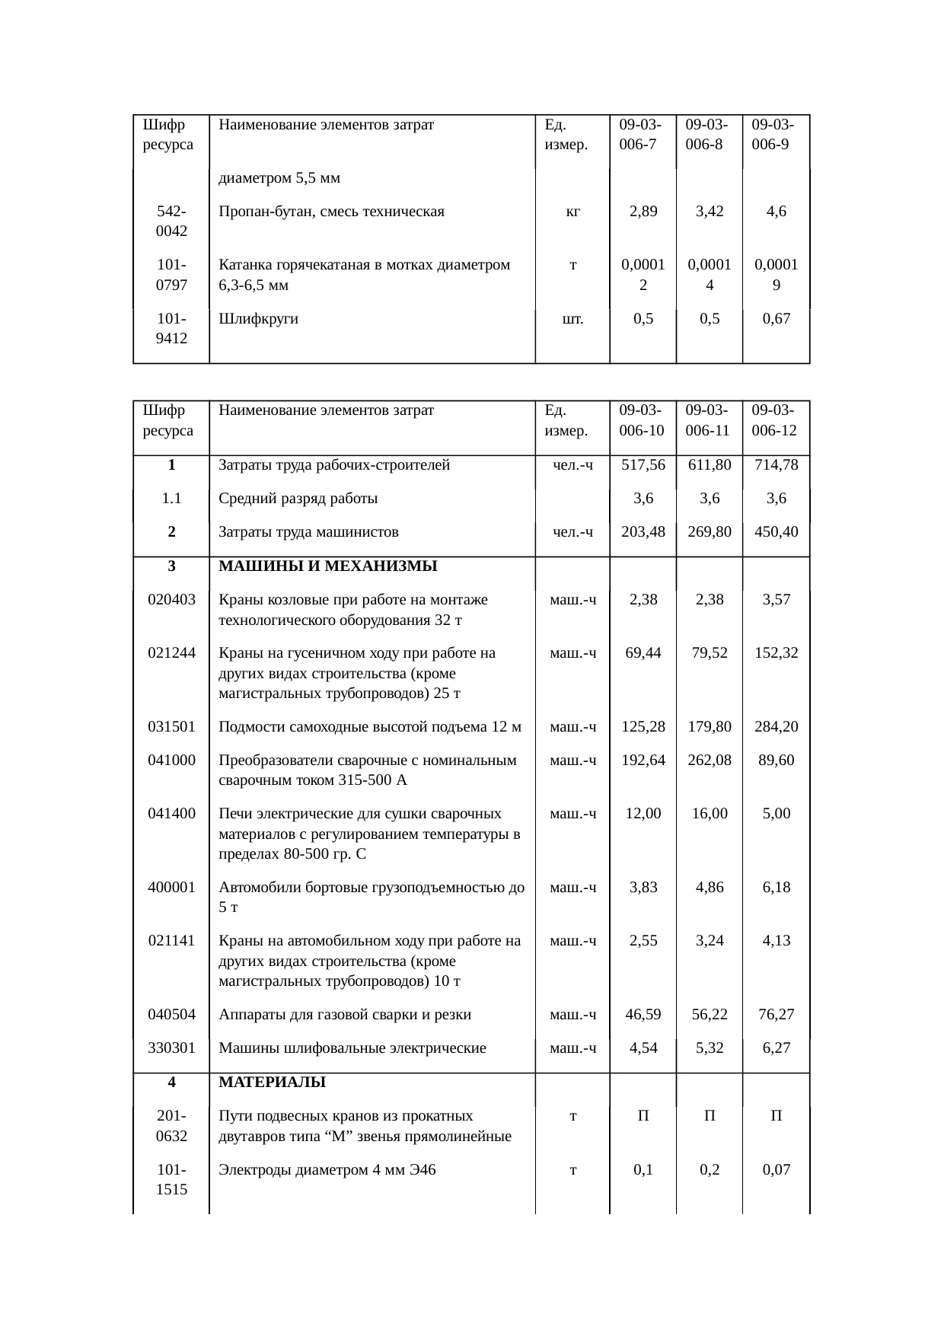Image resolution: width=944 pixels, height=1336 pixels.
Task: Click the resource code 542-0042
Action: (172, 221)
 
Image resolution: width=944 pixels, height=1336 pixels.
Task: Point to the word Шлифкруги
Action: (258, 319)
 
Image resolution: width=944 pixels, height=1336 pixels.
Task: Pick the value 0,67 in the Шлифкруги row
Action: (776, 319)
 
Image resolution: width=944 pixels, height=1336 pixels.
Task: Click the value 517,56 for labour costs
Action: (643, 465)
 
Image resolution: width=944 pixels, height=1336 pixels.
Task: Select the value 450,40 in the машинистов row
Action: (776, 531)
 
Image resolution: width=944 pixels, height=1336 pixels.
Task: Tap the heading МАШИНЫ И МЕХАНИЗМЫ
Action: (327, 566)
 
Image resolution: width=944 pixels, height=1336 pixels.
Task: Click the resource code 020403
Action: (172, 599)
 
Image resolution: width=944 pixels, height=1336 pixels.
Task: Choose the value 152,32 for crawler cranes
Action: (776, 652)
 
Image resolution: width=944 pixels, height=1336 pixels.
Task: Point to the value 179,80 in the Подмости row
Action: (710, 726)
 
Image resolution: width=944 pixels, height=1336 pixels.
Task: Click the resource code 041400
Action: (172, 813)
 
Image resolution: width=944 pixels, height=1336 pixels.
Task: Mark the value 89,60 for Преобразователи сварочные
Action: (776, 760)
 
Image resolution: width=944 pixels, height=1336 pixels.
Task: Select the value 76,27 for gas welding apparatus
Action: (776, 1014)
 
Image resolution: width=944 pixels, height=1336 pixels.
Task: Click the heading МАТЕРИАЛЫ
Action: (272, 1082)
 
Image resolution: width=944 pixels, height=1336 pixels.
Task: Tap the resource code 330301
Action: (172, 1047)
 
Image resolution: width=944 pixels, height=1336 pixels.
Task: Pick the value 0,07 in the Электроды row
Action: (776, 1169)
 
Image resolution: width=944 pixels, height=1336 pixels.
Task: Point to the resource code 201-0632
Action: (172, 1126)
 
